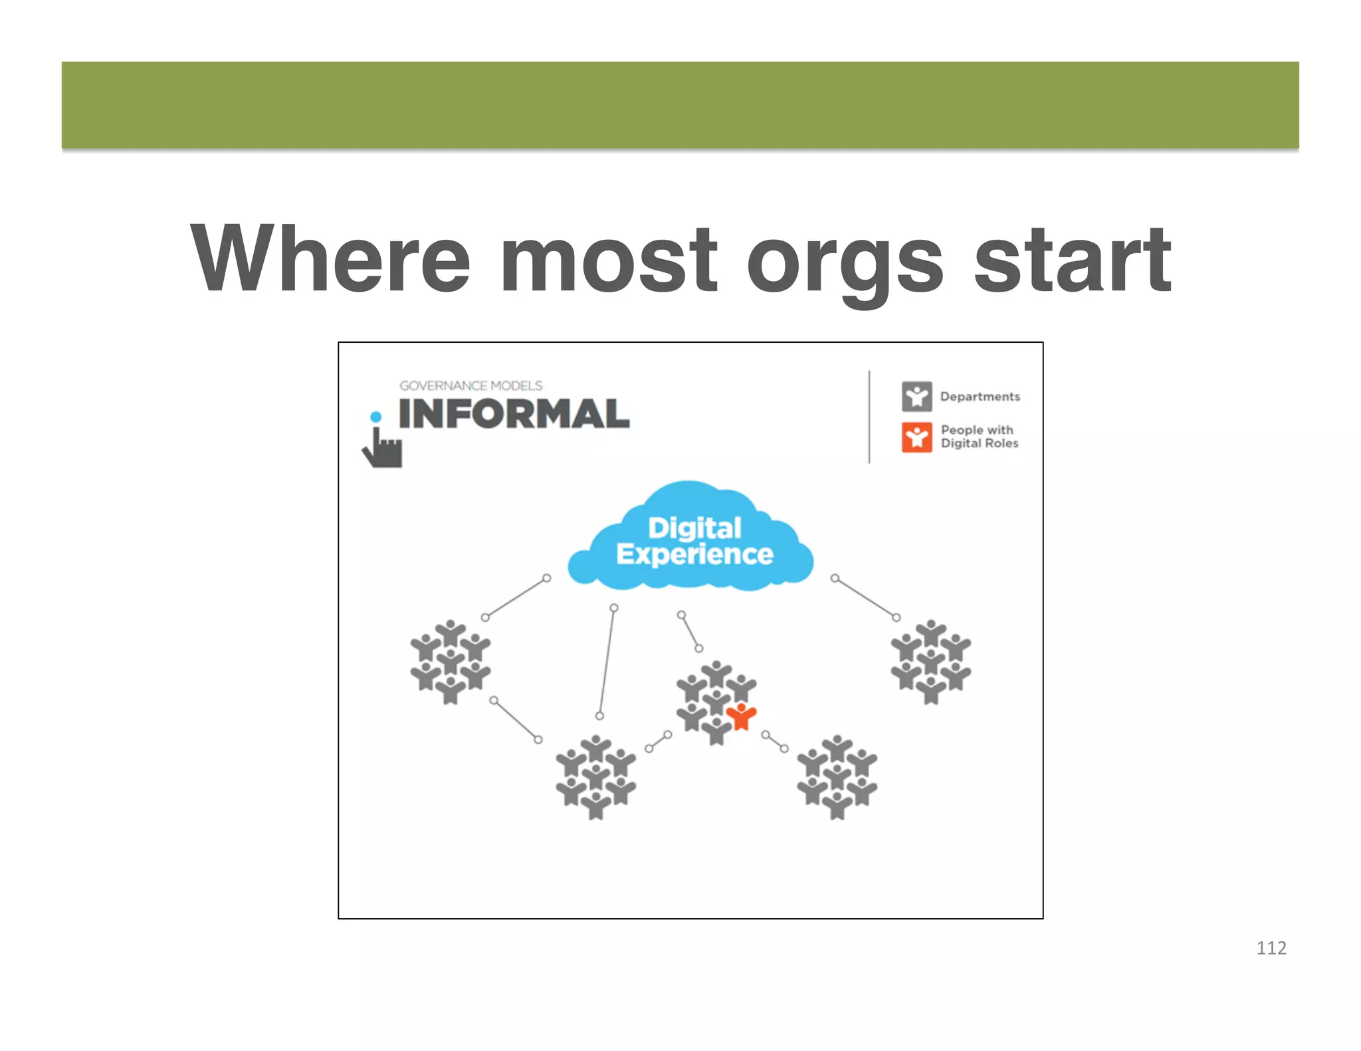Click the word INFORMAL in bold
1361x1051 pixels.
(514, 414)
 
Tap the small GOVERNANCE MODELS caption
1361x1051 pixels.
(471, 385)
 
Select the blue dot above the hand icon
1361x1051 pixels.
(375, 417)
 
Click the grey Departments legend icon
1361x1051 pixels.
(916, 397)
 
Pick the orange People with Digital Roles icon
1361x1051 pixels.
(916, 437)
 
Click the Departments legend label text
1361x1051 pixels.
(980, 397)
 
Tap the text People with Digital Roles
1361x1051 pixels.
(979, 436)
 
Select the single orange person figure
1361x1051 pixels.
(741, 716)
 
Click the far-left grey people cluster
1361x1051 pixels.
(451, 662)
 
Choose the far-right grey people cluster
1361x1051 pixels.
(930, 662)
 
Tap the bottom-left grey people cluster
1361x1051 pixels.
(595, 777)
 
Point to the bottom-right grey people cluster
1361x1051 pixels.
(837, 777)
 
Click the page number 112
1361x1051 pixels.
(1271, 948)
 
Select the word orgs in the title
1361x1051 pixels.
(845, 262)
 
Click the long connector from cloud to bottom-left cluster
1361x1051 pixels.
(607, 662)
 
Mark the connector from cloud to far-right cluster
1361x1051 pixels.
(865, 598)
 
